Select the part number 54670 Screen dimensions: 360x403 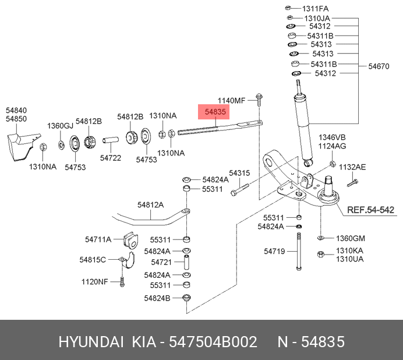[378, 67]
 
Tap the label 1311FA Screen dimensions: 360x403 [315, 8]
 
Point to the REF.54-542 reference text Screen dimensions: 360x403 [370, 210]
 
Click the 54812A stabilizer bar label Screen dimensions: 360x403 [151, 204]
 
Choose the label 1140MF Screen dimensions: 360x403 [232, 100]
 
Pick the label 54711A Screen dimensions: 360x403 [98, 239]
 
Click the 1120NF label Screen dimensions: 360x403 [95, 282]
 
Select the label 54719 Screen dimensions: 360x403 [274, 252]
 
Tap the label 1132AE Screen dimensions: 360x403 [353, 167]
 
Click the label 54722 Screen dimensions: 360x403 [110, 157]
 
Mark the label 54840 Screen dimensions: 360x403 [16, 110]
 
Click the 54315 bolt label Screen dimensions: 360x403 [239, 173]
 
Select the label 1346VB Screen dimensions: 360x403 [332, 137]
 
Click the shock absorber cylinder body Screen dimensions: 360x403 [303, 125]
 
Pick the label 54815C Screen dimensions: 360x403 [93, 260]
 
